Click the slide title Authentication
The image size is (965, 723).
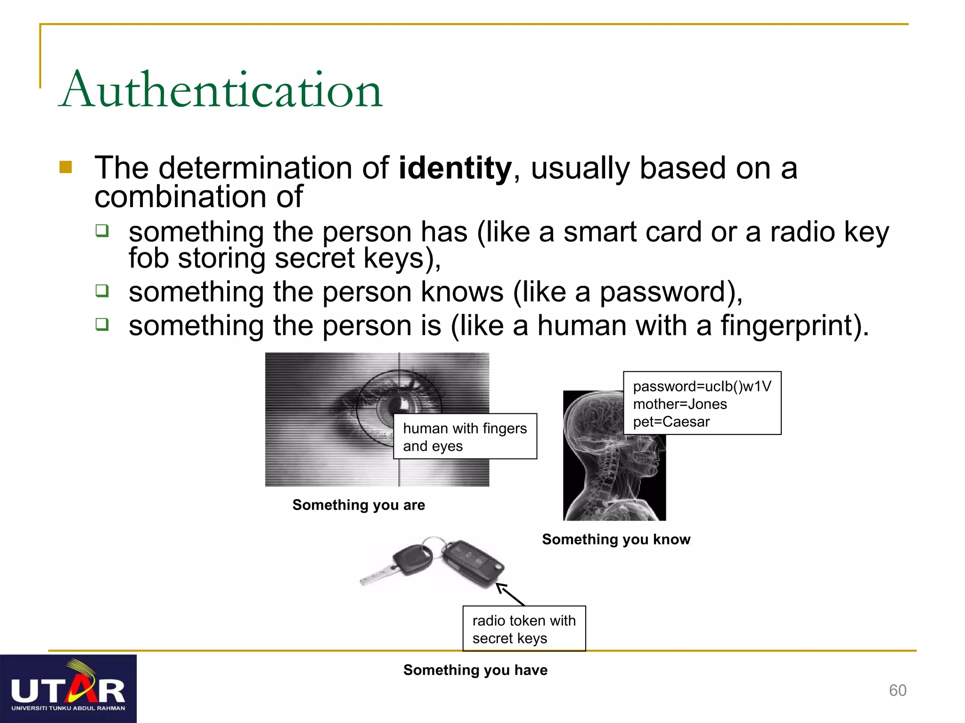tap(221, 89)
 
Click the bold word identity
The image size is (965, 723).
tap(455, 168)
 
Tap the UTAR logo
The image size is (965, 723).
tap(68, 689)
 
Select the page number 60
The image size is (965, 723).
tap(897, 690)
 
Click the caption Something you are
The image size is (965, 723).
tap(359, 505)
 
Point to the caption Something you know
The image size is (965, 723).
tap(616, 539)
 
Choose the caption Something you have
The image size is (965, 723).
tap(475, 669)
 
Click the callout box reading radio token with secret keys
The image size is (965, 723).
tap(524, 629)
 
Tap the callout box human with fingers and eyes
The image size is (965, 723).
tap(465, 436)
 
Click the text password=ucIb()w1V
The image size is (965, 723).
tap(702, 386)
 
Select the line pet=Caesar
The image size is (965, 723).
tap(671, 422)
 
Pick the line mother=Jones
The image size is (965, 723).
tap(679, 404)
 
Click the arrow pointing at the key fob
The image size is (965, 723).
tap(510, 594)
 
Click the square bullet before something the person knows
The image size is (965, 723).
tap(102, 290)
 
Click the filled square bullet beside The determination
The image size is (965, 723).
tap(66, 167)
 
